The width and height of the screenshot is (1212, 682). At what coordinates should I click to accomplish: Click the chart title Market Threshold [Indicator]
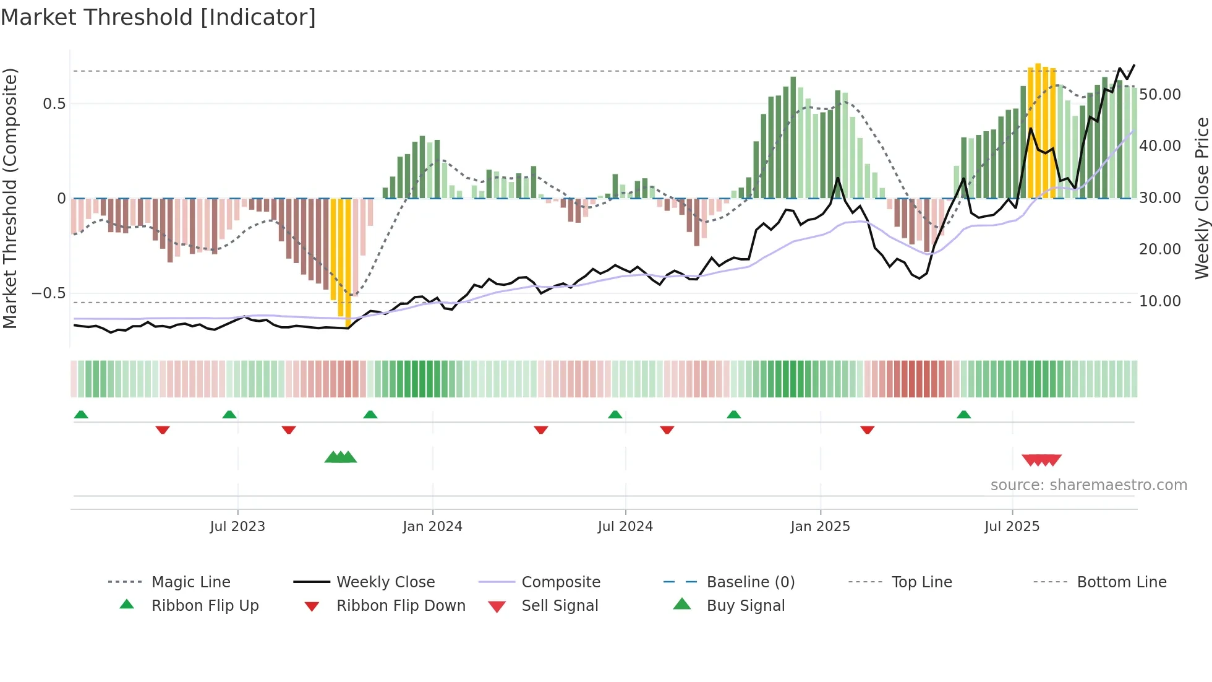click(158, 17)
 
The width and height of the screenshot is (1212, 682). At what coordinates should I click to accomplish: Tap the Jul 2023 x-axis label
click(237, 526)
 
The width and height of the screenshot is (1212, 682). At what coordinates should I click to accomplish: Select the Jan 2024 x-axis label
click(432, 526)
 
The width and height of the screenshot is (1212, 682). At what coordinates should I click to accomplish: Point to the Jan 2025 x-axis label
click(820, 526)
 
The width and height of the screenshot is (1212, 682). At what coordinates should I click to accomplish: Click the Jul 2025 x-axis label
click(1012, 526)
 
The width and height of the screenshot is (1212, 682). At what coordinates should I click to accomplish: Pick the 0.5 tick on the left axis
click(54, 103)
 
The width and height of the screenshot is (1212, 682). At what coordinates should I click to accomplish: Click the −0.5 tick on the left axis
click(49, 293)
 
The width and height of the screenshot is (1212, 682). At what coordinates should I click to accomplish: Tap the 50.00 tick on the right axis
click(1160, 95)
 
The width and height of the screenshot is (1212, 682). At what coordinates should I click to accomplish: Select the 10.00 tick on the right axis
click(1160, 301)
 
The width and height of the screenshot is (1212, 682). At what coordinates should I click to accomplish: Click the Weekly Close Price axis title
click(1201, 198)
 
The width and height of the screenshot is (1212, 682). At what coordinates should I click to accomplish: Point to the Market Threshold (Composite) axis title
click(10, 198)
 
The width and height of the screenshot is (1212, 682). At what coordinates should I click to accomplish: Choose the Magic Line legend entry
click(190, 582)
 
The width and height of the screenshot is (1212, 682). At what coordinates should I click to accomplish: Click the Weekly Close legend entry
click(385, 582)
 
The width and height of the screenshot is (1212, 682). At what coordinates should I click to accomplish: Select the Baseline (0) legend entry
click(750, 582)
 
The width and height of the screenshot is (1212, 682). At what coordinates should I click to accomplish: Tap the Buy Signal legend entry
click(745, 605)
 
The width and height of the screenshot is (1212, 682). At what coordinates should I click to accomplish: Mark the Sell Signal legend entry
click(560, 605)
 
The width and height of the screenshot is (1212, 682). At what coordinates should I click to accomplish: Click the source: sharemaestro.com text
click(1088, 485)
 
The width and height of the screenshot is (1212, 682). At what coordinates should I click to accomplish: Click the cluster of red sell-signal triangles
click(1042, 460)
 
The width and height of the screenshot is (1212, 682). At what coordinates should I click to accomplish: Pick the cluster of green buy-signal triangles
click(341, 457)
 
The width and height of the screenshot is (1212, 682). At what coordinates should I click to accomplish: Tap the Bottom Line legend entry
click(1121, 582)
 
